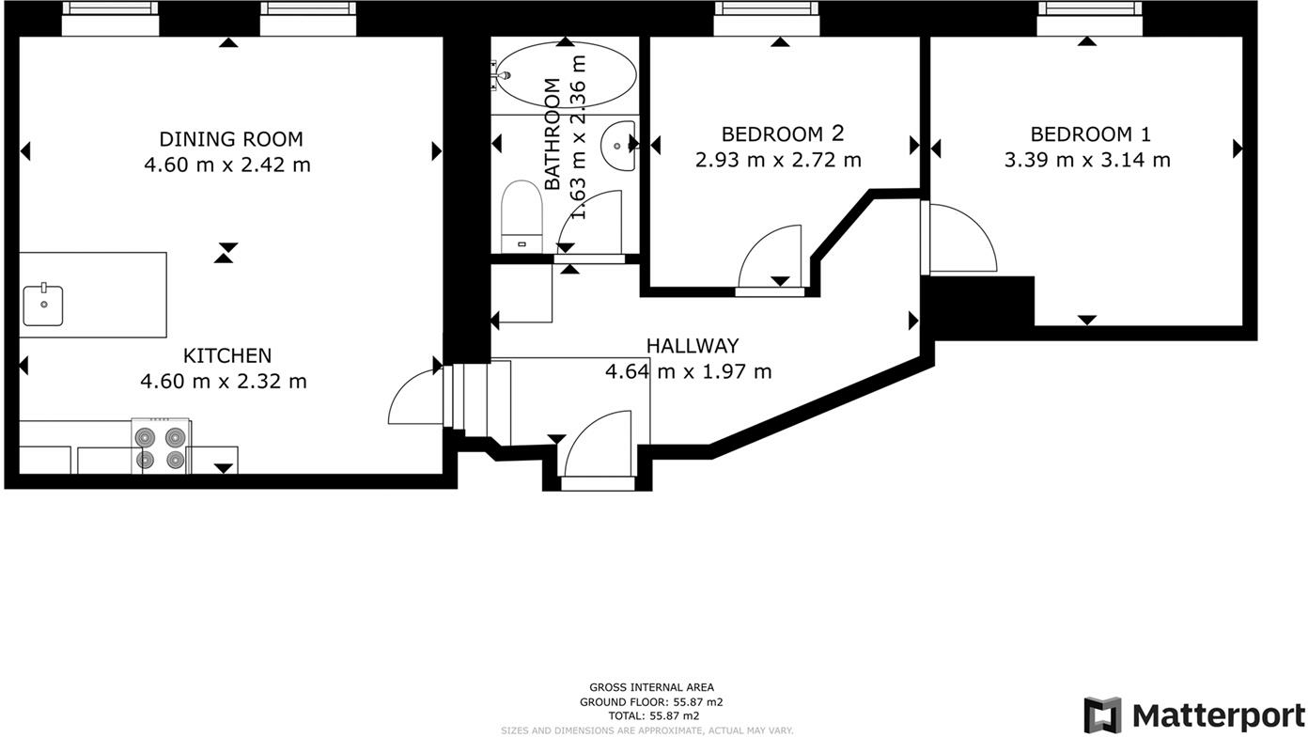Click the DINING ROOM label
point(231,139)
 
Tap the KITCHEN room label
point(227,355)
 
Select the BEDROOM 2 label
point(783,134)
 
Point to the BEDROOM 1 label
point(1090,134)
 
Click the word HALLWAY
point(693,346)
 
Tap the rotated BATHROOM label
point(553,133)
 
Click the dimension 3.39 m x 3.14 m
point(1087,160)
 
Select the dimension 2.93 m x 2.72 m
point(778,160)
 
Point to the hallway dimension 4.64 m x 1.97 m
point(689,371)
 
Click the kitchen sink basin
point(43,305)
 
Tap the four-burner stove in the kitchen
point(161,447)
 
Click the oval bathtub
point(566,75)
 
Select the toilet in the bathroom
point(522,216)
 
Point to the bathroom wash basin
point(617,146)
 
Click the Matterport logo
point(1193,715)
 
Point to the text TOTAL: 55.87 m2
point(654,716)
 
